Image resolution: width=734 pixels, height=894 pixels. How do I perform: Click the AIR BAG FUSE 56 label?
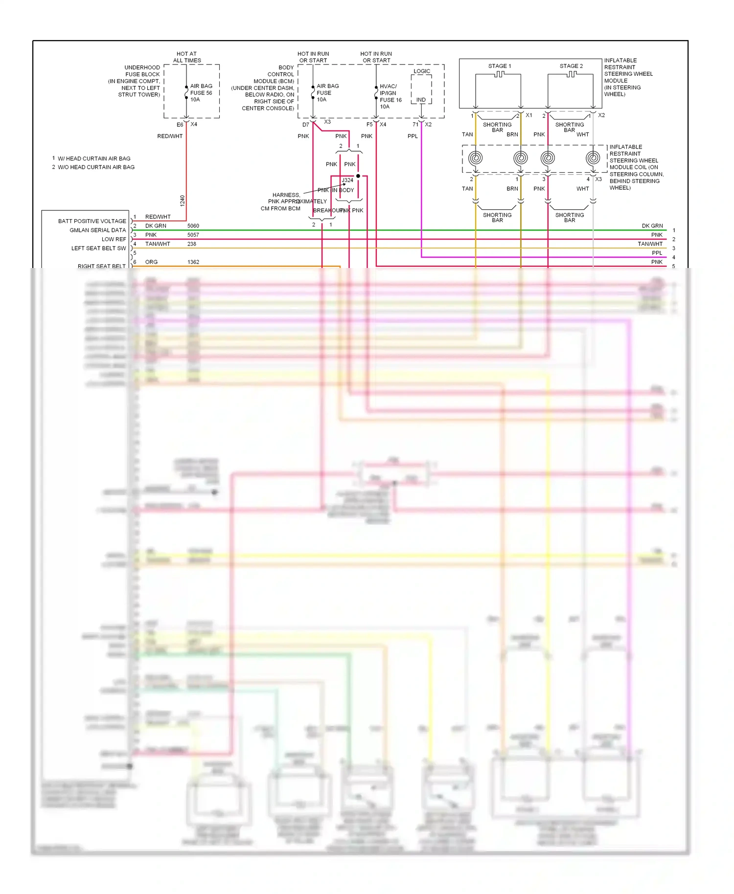[x=201, y=92]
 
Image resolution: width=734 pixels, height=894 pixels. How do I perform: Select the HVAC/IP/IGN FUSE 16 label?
[x=390, y=96]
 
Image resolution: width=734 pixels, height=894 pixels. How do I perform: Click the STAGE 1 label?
[x=499, y=66]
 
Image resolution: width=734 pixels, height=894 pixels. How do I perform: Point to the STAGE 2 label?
[x=571, y=66]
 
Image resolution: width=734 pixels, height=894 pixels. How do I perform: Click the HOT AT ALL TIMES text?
[x=186, y=57]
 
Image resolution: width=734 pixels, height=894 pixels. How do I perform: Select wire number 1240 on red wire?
[x=182, y=201]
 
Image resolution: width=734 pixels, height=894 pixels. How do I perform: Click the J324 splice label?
[x=347, y=180]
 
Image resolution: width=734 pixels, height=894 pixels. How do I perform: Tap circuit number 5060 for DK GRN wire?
[x=193, y=226]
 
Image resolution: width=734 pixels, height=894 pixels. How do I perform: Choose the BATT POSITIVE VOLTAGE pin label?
[x=92, y=221]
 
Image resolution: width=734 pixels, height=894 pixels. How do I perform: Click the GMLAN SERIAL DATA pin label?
[x=97, y=230]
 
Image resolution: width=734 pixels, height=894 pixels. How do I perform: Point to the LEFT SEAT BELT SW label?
[x=98, y=248]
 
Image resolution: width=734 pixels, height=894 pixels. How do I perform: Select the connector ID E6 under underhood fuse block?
[x=180, y=125]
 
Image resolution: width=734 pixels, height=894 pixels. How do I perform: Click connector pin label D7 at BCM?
[x=305, y=125]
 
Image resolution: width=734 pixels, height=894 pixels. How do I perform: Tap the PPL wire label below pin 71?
[x=413, y=136]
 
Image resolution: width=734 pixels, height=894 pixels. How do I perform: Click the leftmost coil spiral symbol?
[x=475, y=157]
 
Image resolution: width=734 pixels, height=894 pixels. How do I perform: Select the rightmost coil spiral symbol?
[x=593, y=157]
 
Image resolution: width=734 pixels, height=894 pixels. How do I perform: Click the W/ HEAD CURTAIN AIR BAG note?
[x=93, y=158]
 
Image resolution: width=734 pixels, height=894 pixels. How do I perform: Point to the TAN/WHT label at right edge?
[x=650, y=244]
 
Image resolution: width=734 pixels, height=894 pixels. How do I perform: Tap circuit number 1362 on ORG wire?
[x=193, y=262]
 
